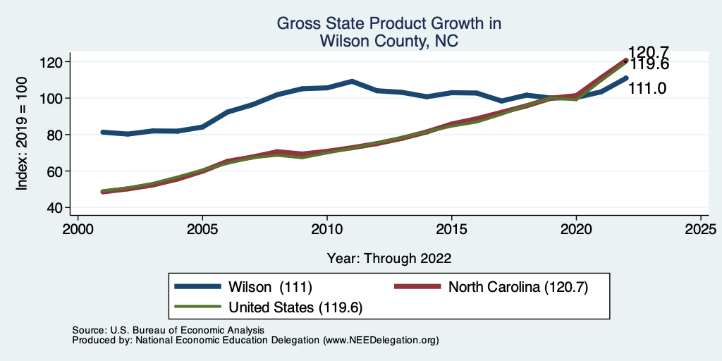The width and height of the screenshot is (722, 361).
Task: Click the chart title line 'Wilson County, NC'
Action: pyautogui.click(x=389, y=42)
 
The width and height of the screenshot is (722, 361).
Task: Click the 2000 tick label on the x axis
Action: pyautogui.click(x=78, y=230)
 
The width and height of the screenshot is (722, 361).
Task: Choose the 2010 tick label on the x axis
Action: pyautogui.click(x=327, y=230)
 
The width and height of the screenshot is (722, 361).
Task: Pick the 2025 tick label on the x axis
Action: pyautogui.click(x=701, y=230)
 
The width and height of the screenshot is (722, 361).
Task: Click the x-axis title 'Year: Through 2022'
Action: pyautogui.click(x=389, y=258)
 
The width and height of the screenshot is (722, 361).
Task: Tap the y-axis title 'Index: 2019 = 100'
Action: pyautogui.click(x=22, y=135)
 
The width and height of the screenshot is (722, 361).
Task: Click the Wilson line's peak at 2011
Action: pyautogui.click(x=352, y=82)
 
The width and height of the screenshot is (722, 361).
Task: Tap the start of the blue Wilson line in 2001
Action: pyautogui.click(x=103, y=132)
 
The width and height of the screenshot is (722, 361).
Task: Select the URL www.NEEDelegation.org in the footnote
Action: pyautogui.click(x=381, y=340)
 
